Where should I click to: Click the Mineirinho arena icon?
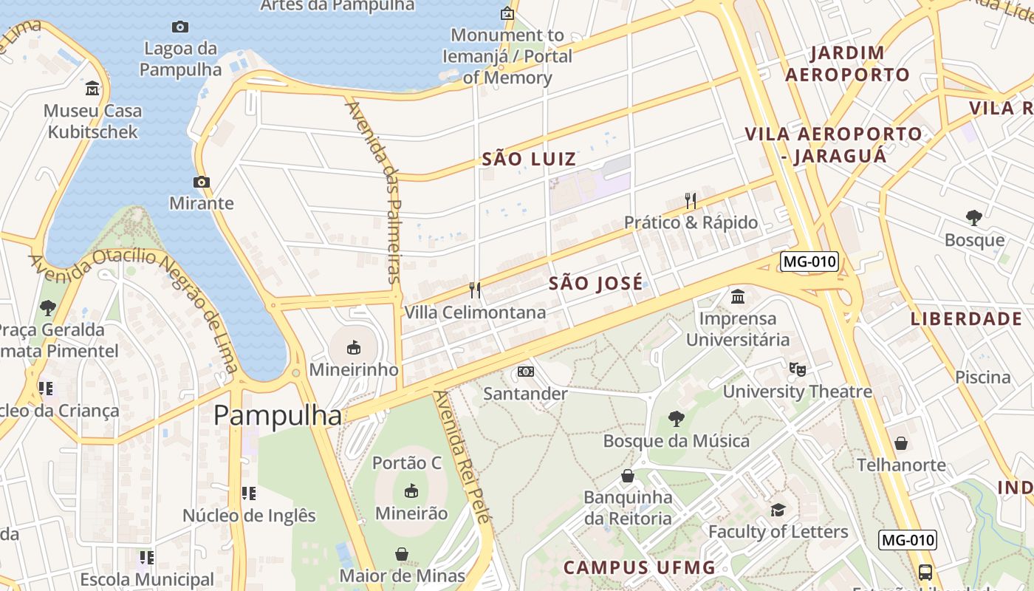pyautogui.click(x=353, y=346)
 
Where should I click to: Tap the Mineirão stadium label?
pyautogui.click(x=411, y=513)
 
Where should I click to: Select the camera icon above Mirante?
pyautogui.click(x=201, y=182)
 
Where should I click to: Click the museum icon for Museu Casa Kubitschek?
pyautogui.click(x=92, y=89)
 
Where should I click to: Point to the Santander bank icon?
pyautogui.click(x=525, y=371)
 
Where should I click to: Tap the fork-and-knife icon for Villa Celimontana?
pyautogui.click(x=475, y=290)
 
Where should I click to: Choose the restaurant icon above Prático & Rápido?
pyautogui.click(x=691, y=200)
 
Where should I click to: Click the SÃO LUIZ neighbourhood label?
pyautogui.click(x=529, y=159)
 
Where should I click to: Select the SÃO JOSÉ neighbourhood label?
pyautogui.click(x=596, y=284)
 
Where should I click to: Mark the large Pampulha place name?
pyautogui.click(x=278, y=416)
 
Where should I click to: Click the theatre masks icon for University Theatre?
pyautogui.click(x=797, y=368)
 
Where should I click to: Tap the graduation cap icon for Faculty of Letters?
pyautogui.click(x=778, y=510)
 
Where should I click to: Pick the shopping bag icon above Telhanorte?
pyautogui.click(x=900, y=443)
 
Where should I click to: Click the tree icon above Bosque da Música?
pyautogui.click(x=676, y=419)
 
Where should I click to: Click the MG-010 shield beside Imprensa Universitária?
pyautogui.click(x=809, y=261)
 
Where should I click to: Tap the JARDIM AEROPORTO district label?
pyautogui.click(x=847, y=64)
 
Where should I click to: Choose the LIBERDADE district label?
pyautogui.click(x=966, y=319)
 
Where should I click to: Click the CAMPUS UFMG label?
pyautogui.click(x=640, y=567)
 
